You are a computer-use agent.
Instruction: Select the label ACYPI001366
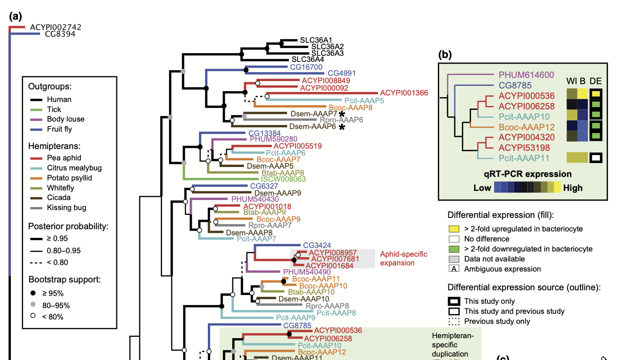[x=404, y=93]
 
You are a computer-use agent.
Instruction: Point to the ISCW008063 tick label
[x=283, y=179]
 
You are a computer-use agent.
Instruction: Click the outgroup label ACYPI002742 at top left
[x=55, y=27]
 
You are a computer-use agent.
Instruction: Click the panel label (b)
[x=445, y=54]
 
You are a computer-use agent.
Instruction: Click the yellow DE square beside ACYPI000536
[x=596, y=94]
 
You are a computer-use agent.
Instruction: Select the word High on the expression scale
[x=573, y=188]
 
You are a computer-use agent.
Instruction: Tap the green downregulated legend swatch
[x=454, y=249]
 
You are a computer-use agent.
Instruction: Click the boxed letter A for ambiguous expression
[x=454, y=269]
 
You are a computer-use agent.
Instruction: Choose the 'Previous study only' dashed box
[x=454, y=322]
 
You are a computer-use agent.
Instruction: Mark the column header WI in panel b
[x=572, y=81]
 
